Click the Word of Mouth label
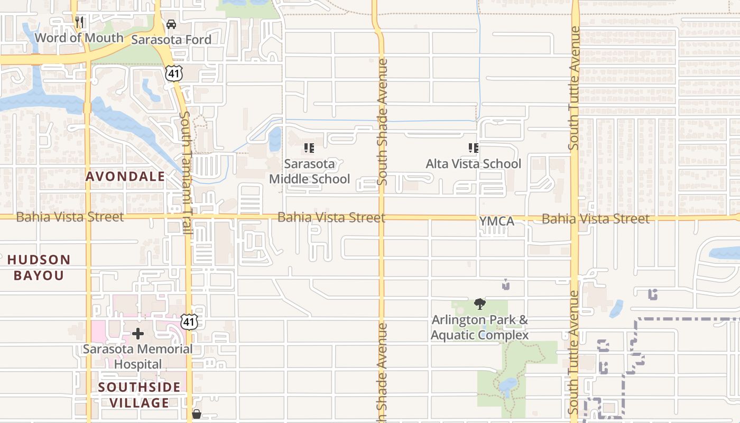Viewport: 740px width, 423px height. [x=79, y=38]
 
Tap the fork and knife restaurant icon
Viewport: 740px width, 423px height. [x=79, y=22]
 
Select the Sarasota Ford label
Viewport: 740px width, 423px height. [x=171, y=40]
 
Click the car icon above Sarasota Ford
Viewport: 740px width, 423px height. [x=171, y=24]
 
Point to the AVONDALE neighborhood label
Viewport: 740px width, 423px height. [x=125, y=177]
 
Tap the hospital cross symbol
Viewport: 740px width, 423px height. [x=138, y=334]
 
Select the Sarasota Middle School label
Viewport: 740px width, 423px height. [x=309, y=171]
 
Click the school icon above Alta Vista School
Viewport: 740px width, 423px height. [x=473, y=148]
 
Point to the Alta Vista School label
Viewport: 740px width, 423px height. [x=473, y=164]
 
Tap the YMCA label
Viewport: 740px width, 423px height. [x=496, y=222]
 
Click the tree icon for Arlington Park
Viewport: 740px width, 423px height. [x=480, y=304]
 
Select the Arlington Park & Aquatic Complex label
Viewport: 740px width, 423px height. [x=479, y=328]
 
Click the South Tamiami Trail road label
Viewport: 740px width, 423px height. [x=185, y=172]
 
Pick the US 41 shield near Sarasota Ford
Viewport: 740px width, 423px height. [x=173, y=73]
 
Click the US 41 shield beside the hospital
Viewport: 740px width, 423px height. [x=189, y=321]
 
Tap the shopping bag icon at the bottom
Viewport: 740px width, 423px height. [x=197, y=414]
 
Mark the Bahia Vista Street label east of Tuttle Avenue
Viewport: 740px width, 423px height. [x=596, y=219]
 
